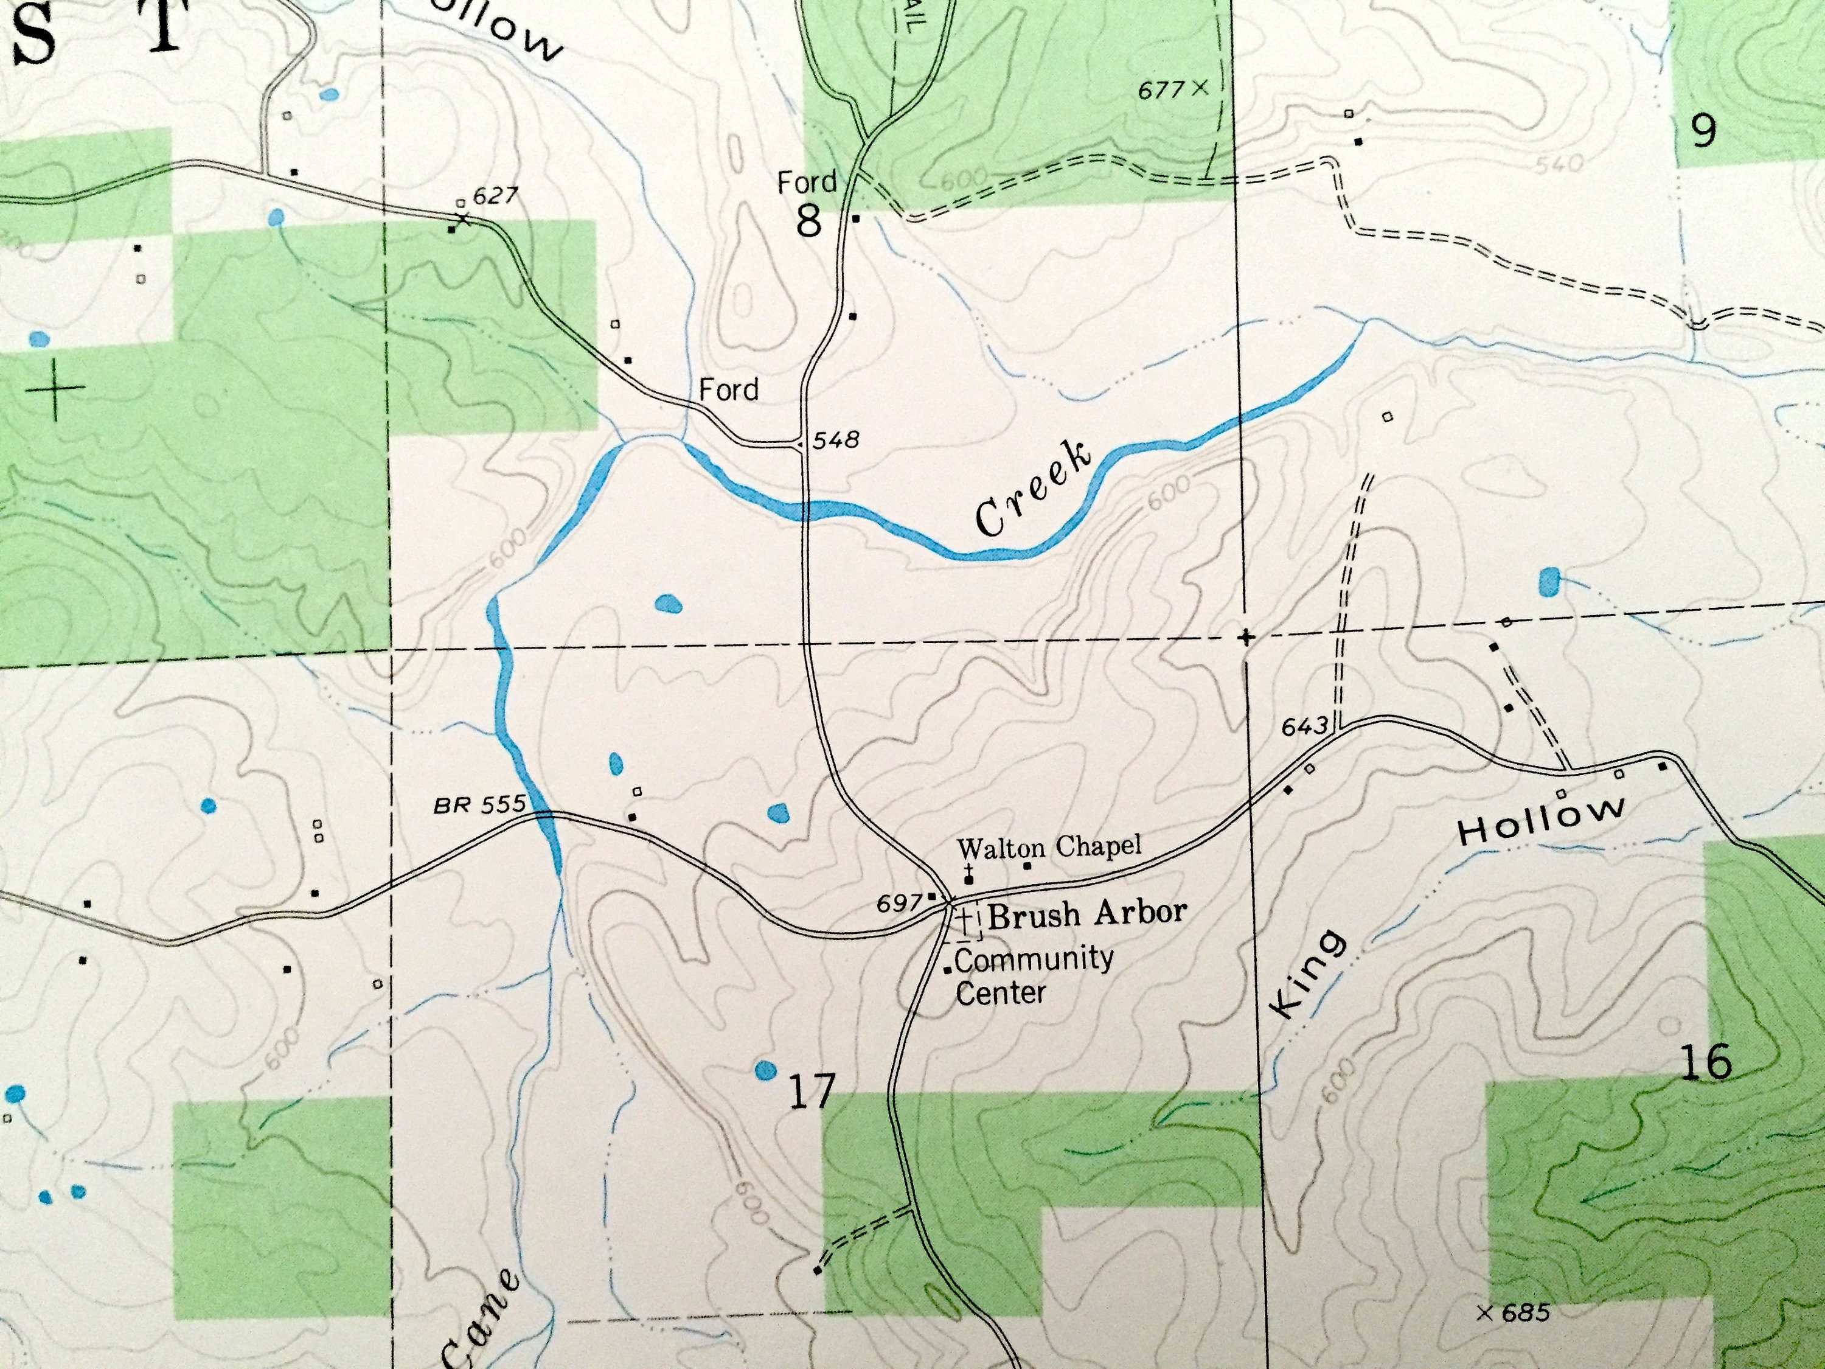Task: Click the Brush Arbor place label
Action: (1088, 913)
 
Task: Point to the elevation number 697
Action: (899, 904)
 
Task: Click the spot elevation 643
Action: (1304, 726)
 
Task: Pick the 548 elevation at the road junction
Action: (836, 439)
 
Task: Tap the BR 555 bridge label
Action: (479, 804)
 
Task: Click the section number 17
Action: (812, 1091)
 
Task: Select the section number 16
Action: (1705, 1063)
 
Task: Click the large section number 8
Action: (808, 221)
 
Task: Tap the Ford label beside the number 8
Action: (807, 181)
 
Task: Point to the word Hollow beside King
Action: (1540, 818)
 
